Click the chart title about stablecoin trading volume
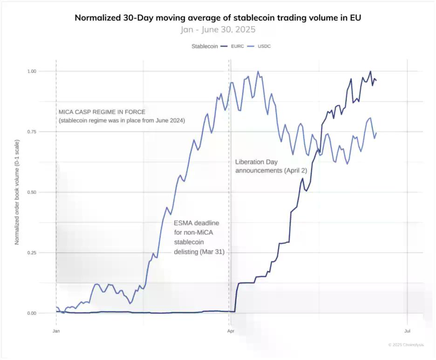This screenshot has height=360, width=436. (x=218, y=18)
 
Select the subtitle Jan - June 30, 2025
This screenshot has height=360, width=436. (x=218, y=29)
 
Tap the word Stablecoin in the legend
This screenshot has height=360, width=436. (x=204, y=46)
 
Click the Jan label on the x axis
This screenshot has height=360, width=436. (x=56, y=331)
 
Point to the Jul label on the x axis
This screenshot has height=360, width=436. (x=407, y=331)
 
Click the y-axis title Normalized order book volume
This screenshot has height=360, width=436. (x=17, y=192)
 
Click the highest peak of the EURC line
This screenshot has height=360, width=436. (x=370, y=72)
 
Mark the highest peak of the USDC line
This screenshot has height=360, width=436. (x=258, y=72)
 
